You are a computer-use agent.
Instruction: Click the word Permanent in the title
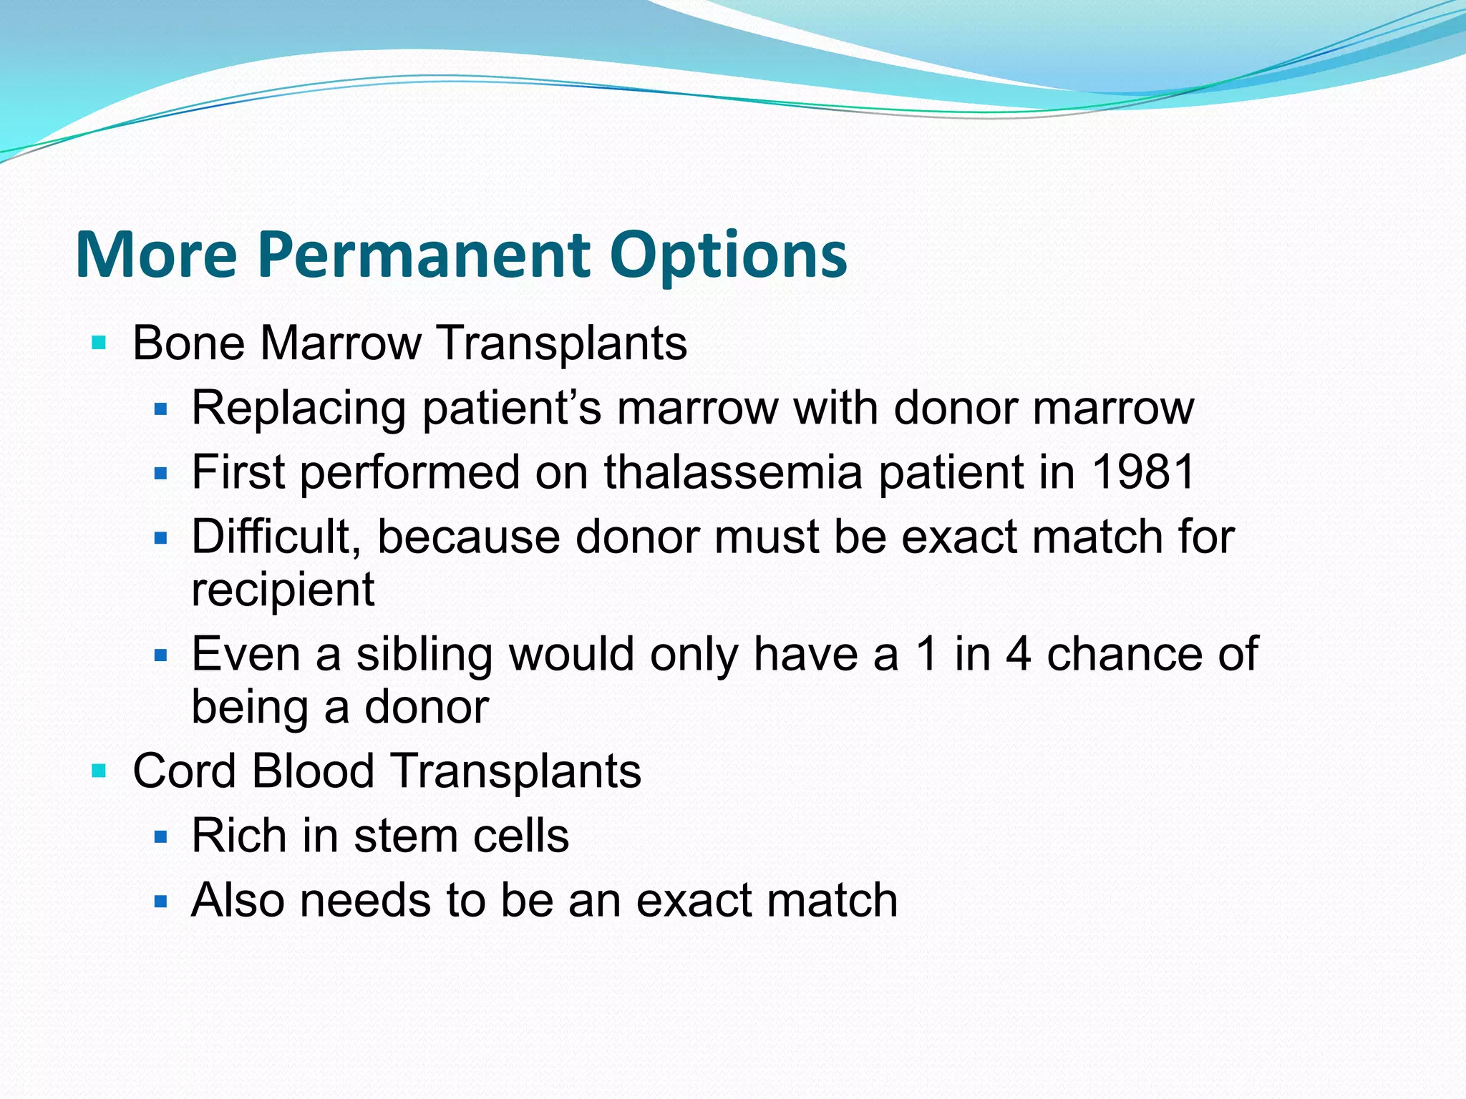(424, 255)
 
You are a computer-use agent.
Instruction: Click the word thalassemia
(733, 472)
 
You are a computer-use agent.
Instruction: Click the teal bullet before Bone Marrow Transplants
(99, 343)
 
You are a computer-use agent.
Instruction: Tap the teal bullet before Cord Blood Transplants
(99, 771)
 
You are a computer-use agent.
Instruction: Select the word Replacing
(298, 409)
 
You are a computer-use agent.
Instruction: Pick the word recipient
(283, 590)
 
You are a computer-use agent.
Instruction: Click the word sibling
(424, 655)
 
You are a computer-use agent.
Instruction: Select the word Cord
(184, 771)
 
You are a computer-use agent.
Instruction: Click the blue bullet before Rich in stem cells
(160, 836)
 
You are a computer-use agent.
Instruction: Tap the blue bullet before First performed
(160, 474)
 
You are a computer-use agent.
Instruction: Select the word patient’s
(511, 409)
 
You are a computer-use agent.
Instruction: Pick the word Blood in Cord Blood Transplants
(313, 771)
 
